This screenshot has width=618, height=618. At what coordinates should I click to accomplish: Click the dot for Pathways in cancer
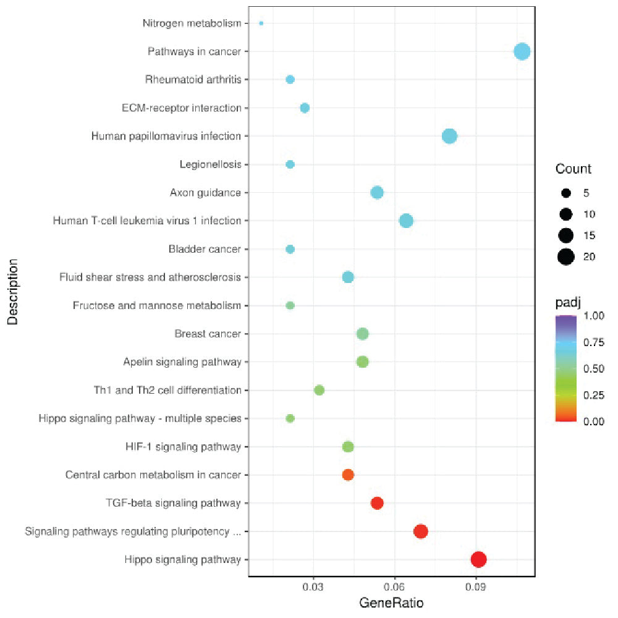pyautogui.click(x=522, y=51)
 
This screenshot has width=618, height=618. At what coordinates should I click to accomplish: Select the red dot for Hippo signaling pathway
pyautogui.click(x=478, y=559)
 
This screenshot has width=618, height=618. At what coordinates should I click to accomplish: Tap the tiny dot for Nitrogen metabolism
pyautogui.click(x=261, y=23)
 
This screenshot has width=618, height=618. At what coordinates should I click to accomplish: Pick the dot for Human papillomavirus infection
pyautogui.click(x=449, y=136)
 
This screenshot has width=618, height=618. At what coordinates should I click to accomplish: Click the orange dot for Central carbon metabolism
pyautogui.click(x=348, y=475)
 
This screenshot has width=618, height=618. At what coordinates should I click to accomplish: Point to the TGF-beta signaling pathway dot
pyautogui.click(x=377, y=503)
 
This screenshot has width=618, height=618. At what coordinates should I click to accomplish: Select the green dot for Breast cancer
pyautogui.click(x=363, y=334)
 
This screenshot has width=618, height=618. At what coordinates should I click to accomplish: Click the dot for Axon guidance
pyautogui.click(x=377, y=193)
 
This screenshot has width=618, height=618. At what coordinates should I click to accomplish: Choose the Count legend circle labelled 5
pyautogui.click(x=566, y=193)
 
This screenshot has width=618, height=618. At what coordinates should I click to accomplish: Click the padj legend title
pyautogui.click(x=567, y=302)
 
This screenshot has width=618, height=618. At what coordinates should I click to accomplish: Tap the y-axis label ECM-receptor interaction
pyautogui.click(x=181, y=108)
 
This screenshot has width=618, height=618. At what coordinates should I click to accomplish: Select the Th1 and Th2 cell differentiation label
pyautogui.click(x=166, y=391)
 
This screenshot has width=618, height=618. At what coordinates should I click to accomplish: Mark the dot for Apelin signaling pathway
pyautogui.click(x=363, y=362)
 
